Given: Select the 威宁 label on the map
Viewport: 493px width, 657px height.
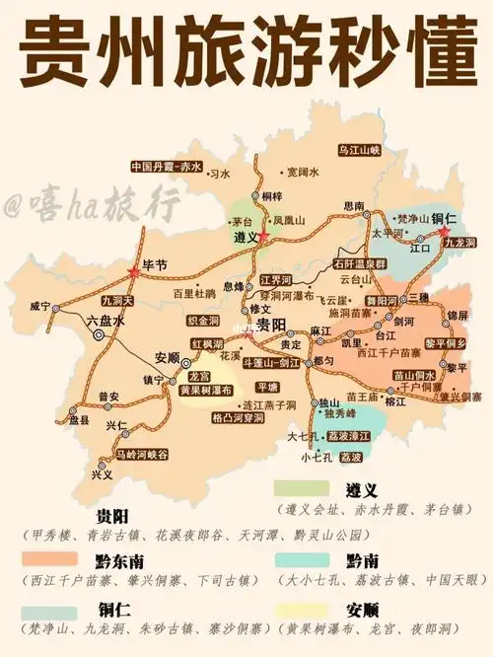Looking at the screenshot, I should pyautogui.click(x=40, y=306).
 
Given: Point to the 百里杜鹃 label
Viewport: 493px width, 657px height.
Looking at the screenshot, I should pyautogui.click(x=194, y=293).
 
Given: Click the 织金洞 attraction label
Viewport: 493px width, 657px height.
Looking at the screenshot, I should pyautogui.click(x=203, y=321).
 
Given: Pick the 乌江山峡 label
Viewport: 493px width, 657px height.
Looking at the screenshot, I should pyautogui.click(x=359, y=150).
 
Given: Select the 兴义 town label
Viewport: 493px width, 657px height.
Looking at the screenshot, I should pyautogui.click(x=102, y=474).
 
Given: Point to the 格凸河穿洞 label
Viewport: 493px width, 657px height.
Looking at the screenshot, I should pyautogui.click(x=239, y=418).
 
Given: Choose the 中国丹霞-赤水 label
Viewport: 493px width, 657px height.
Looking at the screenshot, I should pyautogui.click(x=166, y=166).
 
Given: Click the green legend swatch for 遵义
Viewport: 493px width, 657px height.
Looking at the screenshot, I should pyautogui.click(x=301, y=488).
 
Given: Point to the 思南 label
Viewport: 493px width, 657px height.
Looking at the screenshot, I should pyautogui.click(x=353, y=205).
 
